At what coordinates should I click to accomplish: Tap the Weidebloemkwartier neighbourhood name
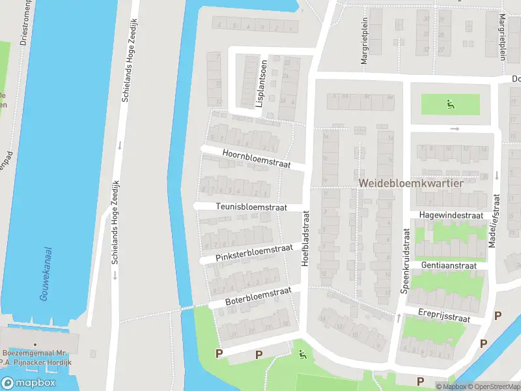(410, 184)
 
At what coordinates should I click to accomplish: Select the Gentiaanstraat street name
(449, 266)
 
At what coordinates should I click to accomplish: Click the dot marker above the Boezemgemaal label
(35, 345)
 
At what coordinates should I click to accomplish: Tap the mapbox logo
(27, 383)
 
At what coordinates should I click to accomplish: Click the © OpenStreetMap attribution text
(494, 386)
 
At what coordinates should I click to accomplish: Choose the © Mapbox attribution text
(452, 386)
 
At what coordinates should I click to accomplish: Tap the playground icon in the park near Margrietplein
(450, 103)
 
